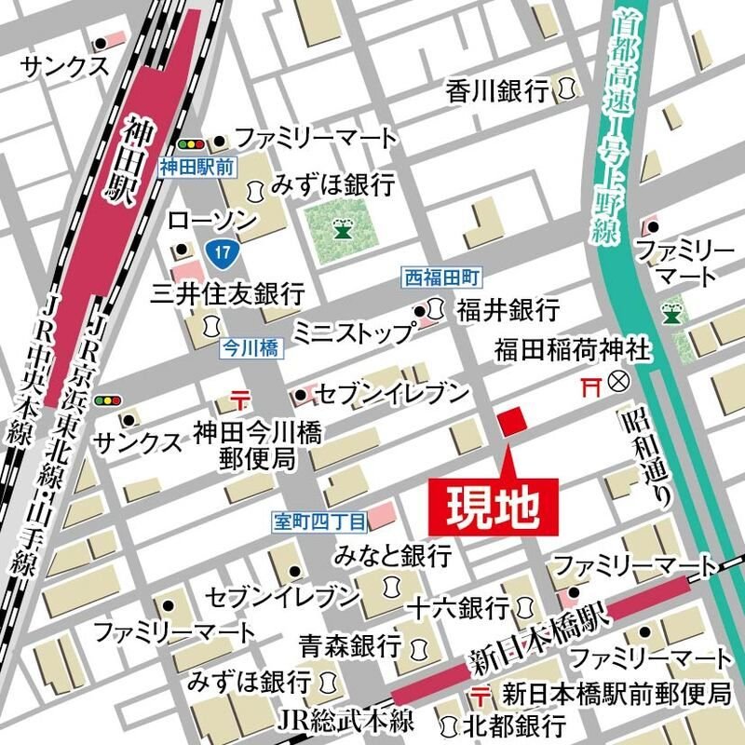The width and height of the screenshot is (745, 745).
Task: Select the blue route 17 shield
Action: pos(217,252)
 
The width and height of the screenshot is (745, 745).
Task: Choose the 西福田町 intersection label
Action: pos(441,278)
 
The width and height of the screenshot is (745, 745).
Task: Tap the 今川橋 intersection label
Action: pos(250,346)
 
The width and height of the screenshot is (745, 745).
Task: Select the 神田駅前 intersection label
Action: pos(197,168)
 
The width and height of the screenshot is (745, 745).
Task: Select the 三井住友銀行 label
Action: pos(228,294)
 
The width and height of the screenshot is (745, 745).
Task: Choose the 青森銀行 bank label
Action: pos(349,644)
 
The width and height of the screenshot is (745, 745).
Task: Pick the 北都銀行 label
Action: pos(515,725)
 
